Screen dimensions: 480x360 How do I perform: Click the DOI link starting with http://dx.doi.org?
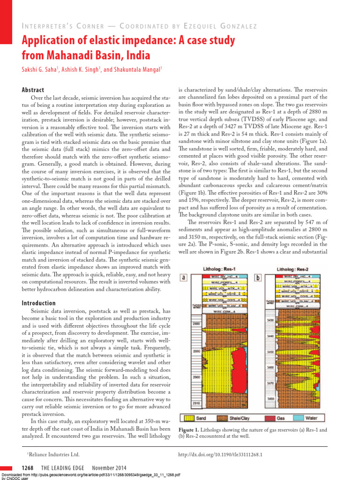point(221,454)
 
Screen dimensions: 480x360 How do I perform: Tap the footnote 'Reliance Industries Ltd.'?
point(52,454)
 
